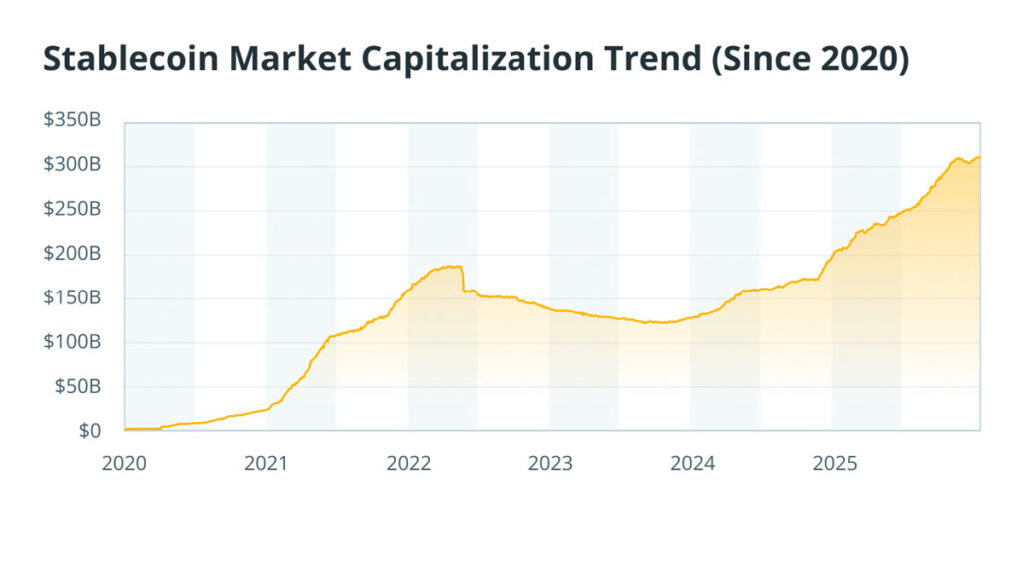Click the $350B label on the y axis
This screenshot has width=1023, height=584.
(x=71, y=121)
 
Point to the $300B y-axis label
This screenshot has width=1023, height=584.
(x=71, y=165)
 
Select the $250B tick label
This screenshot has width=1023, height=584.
(x=71, y=210)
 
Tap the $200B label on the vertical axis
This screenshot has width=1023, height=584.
(x=71, y=254)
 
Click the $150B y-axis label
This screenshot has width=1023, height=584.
(x=71, y=298)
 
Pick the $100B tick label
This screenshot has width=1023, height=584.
(x=71, y=342)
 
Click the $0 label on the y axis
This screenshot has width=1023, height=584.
(x=90, y=431)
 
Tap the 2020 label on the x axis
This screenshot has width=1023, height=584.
(x=124, y=464)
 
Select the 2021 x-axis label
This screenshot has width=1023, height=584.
(x=266, y=464)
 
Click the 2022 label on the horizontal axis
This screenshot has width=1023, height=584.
(x=408, y=464)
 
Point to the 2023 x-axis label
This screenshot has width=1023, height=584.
(x=549, y=464)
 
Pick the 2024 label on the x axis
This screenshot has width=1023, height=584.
(x=691, y=464)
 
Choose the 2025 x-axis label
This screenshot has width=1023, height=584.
(x=833, y=464)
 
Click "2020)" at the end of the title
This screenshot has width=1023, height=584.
(x=866, y=61)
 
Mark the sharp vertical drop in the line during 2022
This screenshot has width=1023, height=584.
(x=462, y=279)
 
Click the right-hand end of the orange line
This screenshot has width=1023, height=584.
(x=979, y=157)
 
